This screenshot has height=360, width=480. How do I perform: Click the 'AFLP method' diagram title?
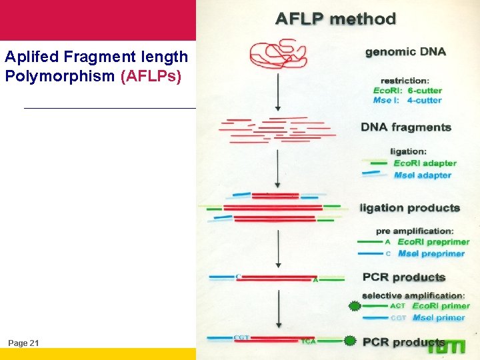pyautogui.click(x=336, y=19)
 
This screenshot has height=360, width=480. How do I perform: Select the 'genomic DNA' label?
pyautogui.click(x=405, y=51)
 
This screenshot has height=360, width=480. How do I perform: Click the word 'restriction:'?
pyautogui.click(x=404, y=81)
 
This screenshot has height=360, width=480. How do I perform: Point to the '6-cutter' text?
pyautogui.click(x=425, y=91)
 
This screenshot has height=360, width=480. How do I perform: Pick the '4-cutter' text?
pyautogui.click(x=424, y=101)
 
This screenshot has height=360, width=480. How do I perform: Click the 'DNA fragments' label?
pyautogui.click(x=406, y=127)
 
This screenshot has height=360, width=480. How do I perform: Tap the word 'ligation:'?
pyautogui.click(x=409, y=151)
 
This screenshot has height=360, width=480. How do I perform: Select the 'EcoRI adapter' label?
pyautogui.click(x=425, y=163)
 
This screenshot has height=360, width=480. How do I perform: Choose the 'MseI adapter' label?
pyautogui.click(x=423, y=175)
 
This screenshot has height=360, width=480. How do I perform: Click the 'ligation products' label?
pyautogui.click(x=410, y=208)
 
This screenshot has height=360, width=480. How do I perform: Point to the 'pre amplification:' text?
pyautogui.click(x=415, y=231)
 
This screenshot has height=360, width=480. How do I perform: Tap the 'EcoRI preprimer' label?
pyautogui.click(x=433, y=242)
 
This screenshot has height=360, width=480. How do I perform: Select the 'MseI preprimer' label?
pyautogui.click(x=431, y=253)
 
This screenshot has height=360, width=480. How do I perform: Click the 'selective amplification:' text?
pyautogui.click(x=413, y=295)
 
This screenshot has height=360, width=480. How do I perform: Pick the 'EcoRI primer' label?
pyautogui.click(x=441, y=306)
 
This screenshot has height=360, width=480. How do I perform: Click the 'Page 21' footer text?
pyautogui.click(x=24, y=343)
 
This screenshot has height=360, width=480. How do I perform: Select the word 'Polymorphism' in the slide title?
pyautogui.click(x=60, y=76)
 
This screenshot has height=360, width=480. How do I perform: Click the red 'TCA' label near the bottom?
pyautogui.click(x=308, y=341)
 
